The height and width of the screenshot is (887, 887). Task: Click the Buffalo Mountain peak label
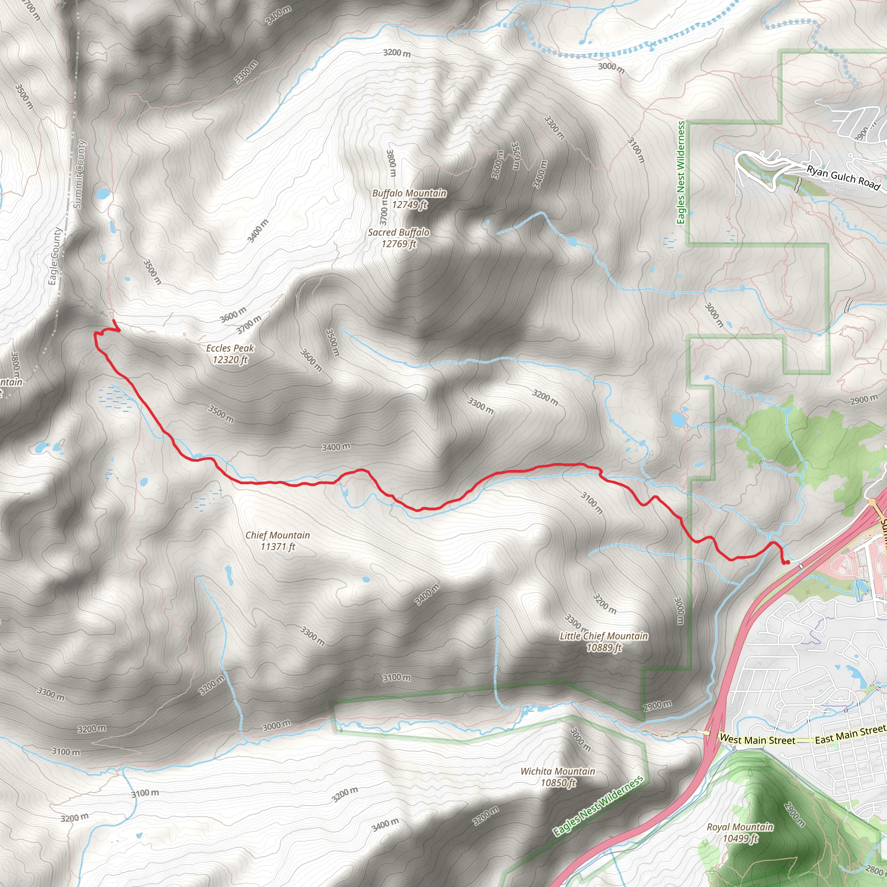409,199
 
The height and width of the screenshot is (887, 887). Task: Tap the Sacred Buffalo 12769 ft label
398,238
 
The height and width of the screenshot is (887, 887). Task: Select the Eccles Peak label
230,353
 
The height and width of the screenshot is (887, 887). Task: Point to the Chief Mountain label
277,541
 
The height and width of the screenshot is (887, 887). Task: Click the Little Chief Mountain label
603,641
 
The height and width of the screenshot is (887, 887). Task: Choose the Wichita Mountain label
557,777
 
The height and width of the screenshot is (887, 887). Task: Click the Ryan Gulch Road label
843,178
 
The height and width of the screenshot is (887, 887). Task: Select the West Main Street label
758,740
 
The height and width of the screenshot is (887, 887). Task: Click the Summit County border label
80,175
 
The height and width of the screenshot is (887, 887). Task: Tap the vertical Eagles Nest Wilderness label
681,173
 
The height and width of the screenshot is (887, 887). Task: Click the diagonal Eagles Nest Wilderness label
598,806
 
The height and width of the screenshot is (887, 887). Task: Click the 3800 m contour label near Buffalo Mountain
391,163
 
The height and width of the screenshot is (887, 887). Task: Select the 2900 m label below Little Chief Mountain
657,705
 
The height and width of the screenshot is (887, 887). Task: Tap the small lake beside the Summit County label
102,193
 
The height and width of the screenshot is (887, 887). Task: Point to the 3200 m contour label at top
397,53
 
